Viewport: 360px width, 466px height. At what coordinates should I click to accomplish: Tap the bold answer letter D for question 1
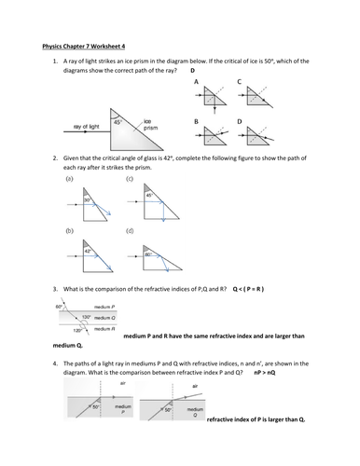[193, 70]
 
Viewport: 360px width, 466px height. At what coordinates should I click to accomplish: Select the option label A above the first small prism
[196, 82]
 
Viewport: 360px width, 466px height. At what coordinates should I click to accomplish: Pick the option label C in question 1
[240, 82]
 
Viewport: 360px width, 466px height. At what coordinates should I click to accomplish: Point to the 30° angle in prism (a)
[84, 199]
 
